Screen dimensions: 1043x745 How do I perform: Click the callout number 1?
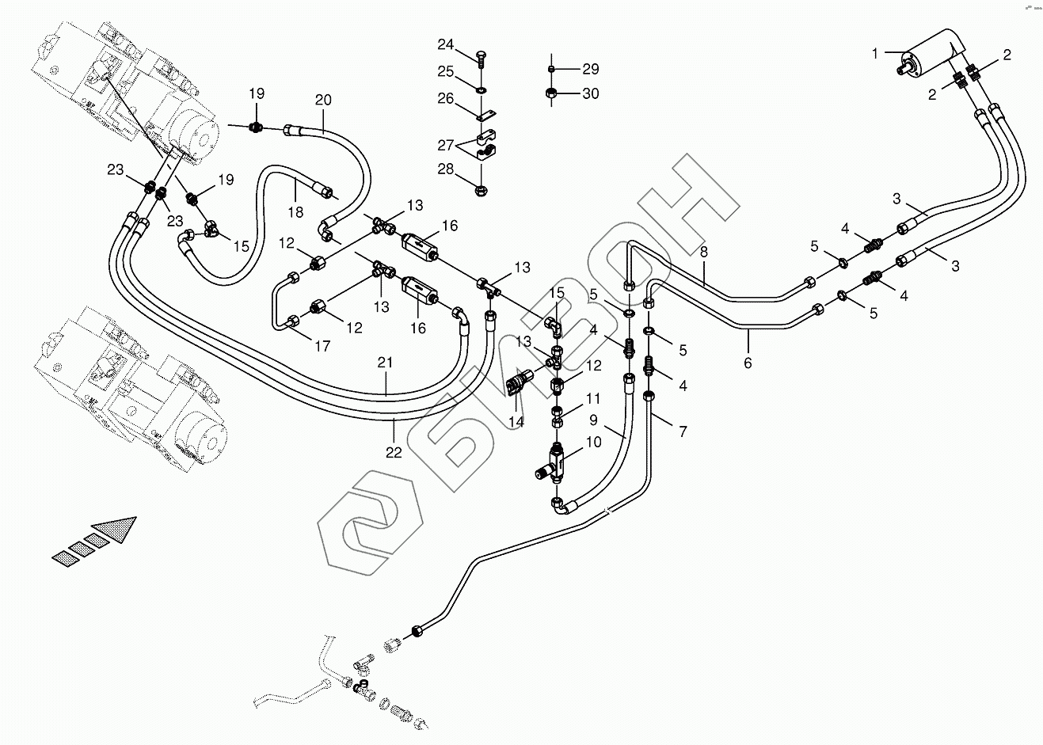[x=874, y=54]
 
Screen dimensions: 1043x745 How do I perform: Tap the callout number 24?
[x=445, y=44]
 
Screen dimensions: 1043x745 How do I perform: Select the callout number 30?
[x=591, y=93]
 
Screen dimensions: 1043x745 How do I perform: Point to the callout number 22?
[x=394, y=452]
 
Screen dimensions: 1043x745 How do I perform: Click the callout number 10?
[x=594, y=442]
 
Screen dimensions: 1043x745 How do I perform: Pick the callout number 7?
[x=683, y=431]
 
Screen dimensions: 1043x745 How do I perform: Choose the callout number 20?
[x=323, y=100]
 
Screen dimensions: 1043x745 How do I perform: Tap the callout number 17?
[x=322, y=346]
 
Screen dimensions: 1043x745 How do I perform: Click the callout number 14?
[x=516, y=422]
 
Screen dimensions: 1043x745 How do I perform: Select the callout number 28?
[x=445, y=169]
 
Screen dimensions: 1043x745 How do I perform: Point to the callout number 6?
[x=748, y=363]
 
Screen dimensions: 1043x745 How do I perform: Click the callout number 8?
[x=703, y=252]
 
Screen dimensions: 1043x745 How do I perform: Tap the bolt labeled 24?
[x=481, y=59]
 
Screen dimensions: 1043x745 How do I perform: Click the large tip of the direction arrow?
[x=136, y=517]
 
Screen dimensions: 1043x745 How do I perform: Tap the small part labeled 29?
[x=551, y=69]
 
